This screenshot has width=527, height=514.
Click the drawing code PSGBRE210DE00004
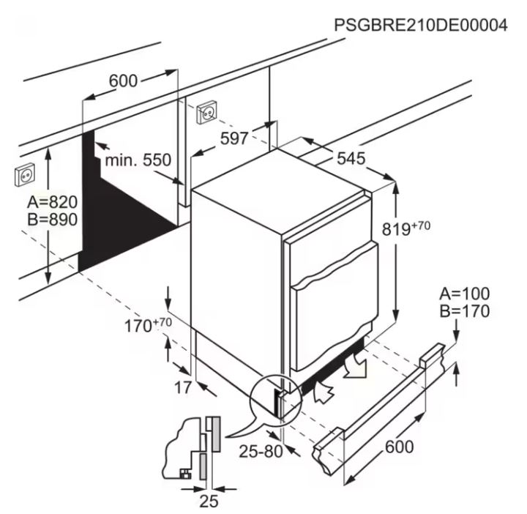coord(420,25)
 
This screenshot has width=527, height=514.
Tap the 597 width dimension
coord(234,138)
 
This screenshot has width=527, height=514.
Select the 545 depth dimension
coord(351,158)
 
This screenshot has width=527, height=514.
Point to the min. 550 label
coord(138,160)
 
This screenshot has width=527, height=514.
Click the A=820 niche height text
coord(53,202)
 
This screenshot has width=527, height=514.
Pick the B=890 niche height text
coord(53,220)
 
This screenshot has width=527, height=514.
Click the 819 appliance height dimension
coord(406,228)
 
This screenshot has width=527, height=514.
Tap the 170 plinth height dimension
coord(148,325)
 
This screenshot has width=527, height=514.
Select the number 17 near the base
coord(183,387)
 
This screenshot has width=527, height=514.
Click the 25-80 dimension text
coord(261,452)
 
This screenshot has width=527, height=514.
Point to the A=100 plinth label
coord(465,294)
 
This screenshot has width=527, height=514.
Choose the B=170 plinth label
coord(465,311)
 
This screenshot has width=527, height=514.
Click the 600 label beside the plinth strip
coord(400,447)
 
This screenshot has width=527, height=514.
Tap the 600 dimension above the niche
coord(124,81)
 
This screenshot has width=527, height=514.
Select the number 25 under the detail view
coord(209,502)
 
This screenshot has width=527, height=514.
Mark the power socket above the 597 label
coord(206,112)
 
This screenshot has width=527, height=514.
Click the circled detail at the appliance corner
coord(276,401)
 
